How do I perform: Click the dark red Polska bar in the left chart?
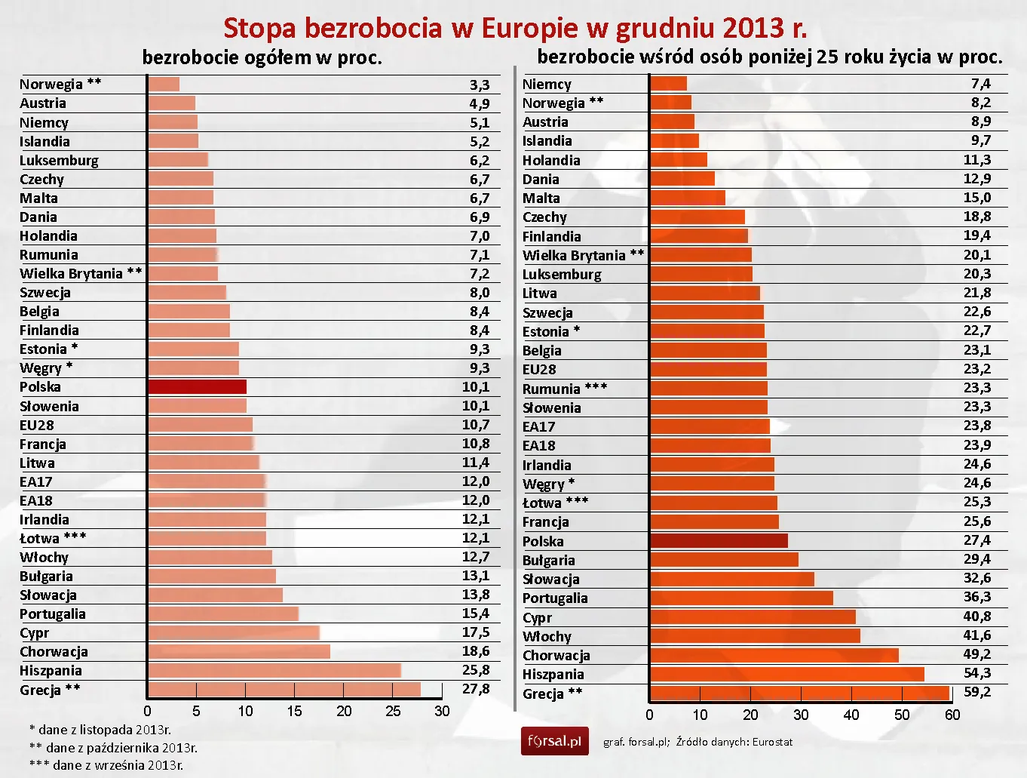197,387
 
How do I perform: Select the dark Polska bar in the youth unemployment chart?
719,541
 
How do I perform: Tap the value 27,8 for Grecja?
476,689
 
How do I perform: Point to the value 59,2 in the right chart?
976,692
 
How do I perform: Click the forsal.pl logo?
554,741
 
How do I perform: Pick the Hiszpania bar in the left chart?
274,670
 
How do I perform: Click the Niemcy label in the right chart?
547,84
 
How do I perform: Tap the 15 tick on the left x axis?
294,711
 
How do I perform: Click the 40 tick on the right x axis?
851,715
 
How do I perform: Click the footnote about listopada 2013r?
100,730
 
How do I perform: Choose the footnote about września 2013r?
106,765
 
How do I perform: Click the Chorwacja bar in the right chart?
774,655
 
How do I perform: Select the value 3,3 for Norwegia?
480,85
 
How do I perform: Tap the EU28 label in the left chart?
37,425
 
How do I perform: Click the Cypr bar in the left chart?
234,632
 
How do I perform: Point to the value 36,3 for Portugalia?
976,597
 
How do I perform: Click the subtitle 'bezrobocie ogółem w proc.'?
262,57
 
